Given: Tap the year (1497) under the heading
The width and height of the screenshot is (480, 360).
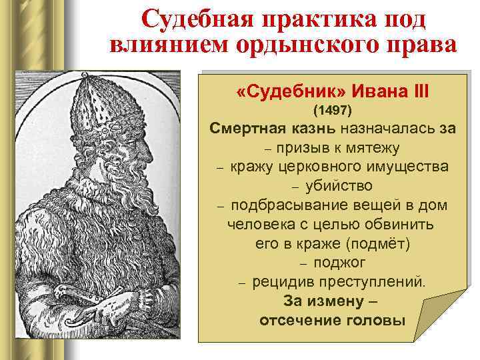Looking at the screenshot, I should point(332,108).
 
